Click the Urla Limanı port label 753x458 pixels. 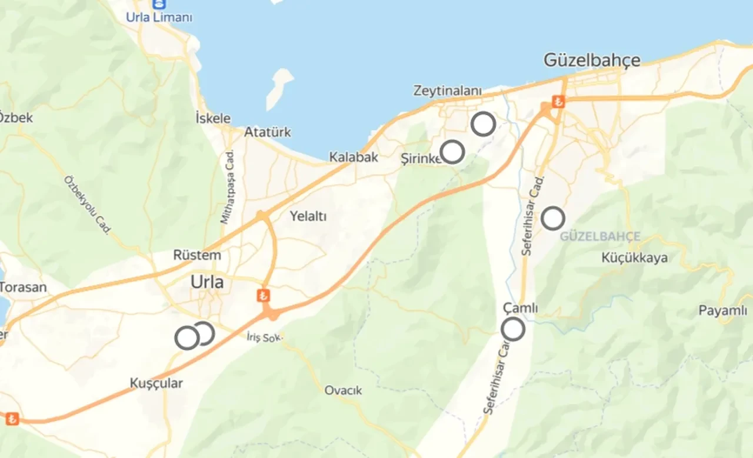159,18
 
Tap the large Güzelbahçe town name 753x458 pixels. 592,60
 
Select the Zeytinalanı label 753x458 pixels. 448,91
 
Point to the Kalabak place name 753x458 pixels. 354,158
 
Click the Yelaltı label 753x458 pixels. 308,216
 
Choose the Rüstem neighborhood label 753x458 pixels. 197,255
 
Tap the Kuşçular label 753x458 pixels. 156,383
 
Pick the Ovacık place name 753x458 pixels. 344,390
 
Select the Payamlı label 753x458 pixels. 722,310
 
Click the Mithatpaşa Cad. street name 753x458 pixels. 226,186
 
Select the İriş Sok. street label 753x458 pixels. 265,338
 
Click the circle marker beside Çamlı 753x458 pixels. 513,329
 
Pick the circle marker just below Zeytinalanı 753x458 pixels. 483,123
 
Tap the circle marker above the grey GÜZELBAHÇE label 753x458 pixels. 553,218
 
